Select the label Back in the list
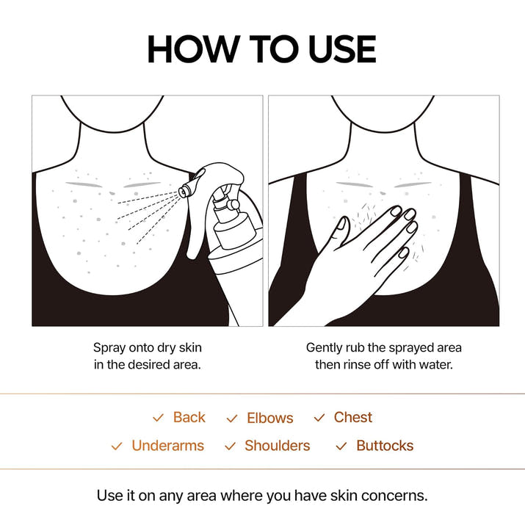[x=189, y=417]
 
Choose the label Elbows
[x=269, y=418]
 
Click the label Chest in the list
[x=352, y=417]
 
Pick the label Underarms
[x=167, y=446]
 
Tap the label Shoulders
[x=277, y=446]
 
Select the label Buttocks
[x=385, y=446]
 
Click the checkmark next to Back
[x=158, y=418]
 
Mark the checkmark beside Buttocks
[x=341, y=446]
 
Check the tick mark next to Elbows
[x=232, y=419]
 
